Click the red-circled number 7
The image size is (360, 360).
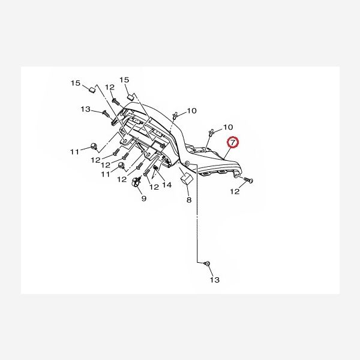[233, 143]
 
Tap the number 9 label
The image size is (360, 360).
[144, 199]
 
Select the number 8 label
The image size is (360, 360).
[188, 200]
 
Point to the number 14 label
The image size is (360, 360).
[166, 185]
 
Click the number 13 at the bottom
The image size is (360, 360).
[215, 280]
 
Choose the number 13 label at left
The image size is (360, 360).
[85, 109]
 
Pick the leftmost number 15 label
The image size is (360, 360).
[76, 82]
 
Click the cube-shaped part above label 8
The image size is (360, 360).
[185, 178]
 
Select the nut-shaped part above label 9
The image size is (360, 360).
[136, 182]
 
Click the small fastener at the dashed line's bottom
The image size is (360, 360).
[206, 263]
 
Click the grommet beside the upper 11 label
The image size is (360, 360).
[94, 146]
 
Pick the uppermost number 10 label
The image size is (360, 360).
[191, 111]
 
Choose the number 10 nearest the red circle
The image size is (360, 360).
[228, 127]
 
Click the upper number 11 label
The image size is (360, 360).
[74, 151]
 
